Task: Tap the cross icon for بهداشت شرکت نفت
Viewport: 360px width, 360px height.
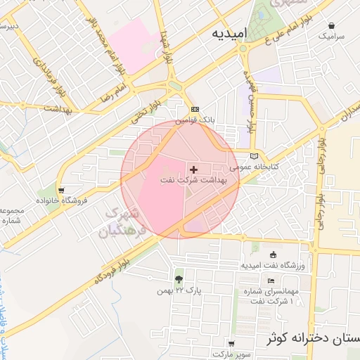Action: click(x=194, y=169)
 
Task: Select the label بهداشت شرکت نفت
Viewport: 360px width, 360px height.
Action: click(x=193, y=181)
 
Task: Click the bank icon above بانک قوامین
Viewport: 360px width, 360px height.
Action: click(x=195, y=110)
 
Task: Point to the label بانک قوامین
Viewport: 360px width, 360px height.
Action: click(x=194, y=120)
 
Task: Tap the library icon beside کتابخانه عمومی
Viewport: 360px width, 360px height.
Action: click(x=254, y=156)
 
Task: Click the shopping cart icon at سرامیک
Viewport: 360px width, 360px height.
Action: click(x=332, y=25)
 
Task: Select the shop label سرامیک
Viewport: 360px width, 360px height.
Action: click(x=332, y=35)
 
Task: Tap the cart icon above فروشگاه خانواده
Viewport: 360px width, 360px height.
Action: click(x=63, y=190)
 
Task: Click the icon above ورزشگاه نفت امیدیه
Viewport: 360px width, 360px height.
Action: click(x=273, y=255)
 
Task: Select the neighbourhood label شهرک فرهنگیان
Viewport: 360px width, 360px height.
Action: click(x=126, y=220)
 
